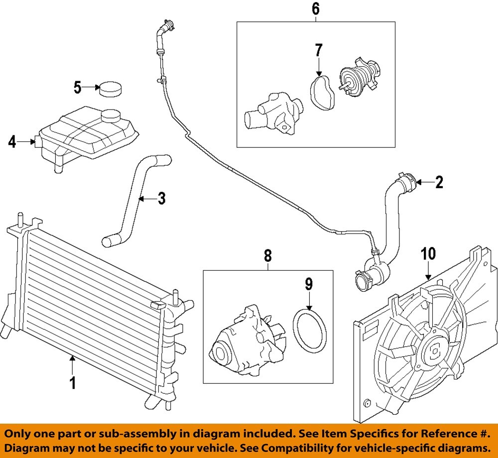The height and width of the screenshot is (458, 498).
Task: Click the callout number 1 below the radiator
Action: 73,383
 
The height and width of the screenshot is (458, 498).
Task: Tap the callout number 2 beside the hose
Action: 439,183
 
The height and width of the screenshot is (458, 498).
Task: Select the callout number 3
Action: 161,199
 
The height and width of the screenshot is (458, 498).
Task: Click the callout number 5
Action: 77,88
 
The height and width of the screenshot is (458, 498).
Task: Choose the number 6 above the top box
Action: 316,8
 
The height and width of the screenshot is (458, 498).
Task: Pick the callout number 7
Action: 318,50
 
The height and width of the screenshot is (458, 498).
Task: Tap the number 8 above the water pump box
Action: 268,256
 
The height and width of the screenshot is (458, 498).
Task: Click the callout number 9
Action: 309,284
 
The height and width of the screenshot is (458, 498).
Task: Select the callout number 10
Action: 428,253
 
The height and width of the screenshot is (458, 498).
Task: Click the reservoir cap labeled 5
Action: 110,89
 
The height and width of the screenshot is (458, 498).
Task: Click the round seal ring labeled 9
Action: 309,331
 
